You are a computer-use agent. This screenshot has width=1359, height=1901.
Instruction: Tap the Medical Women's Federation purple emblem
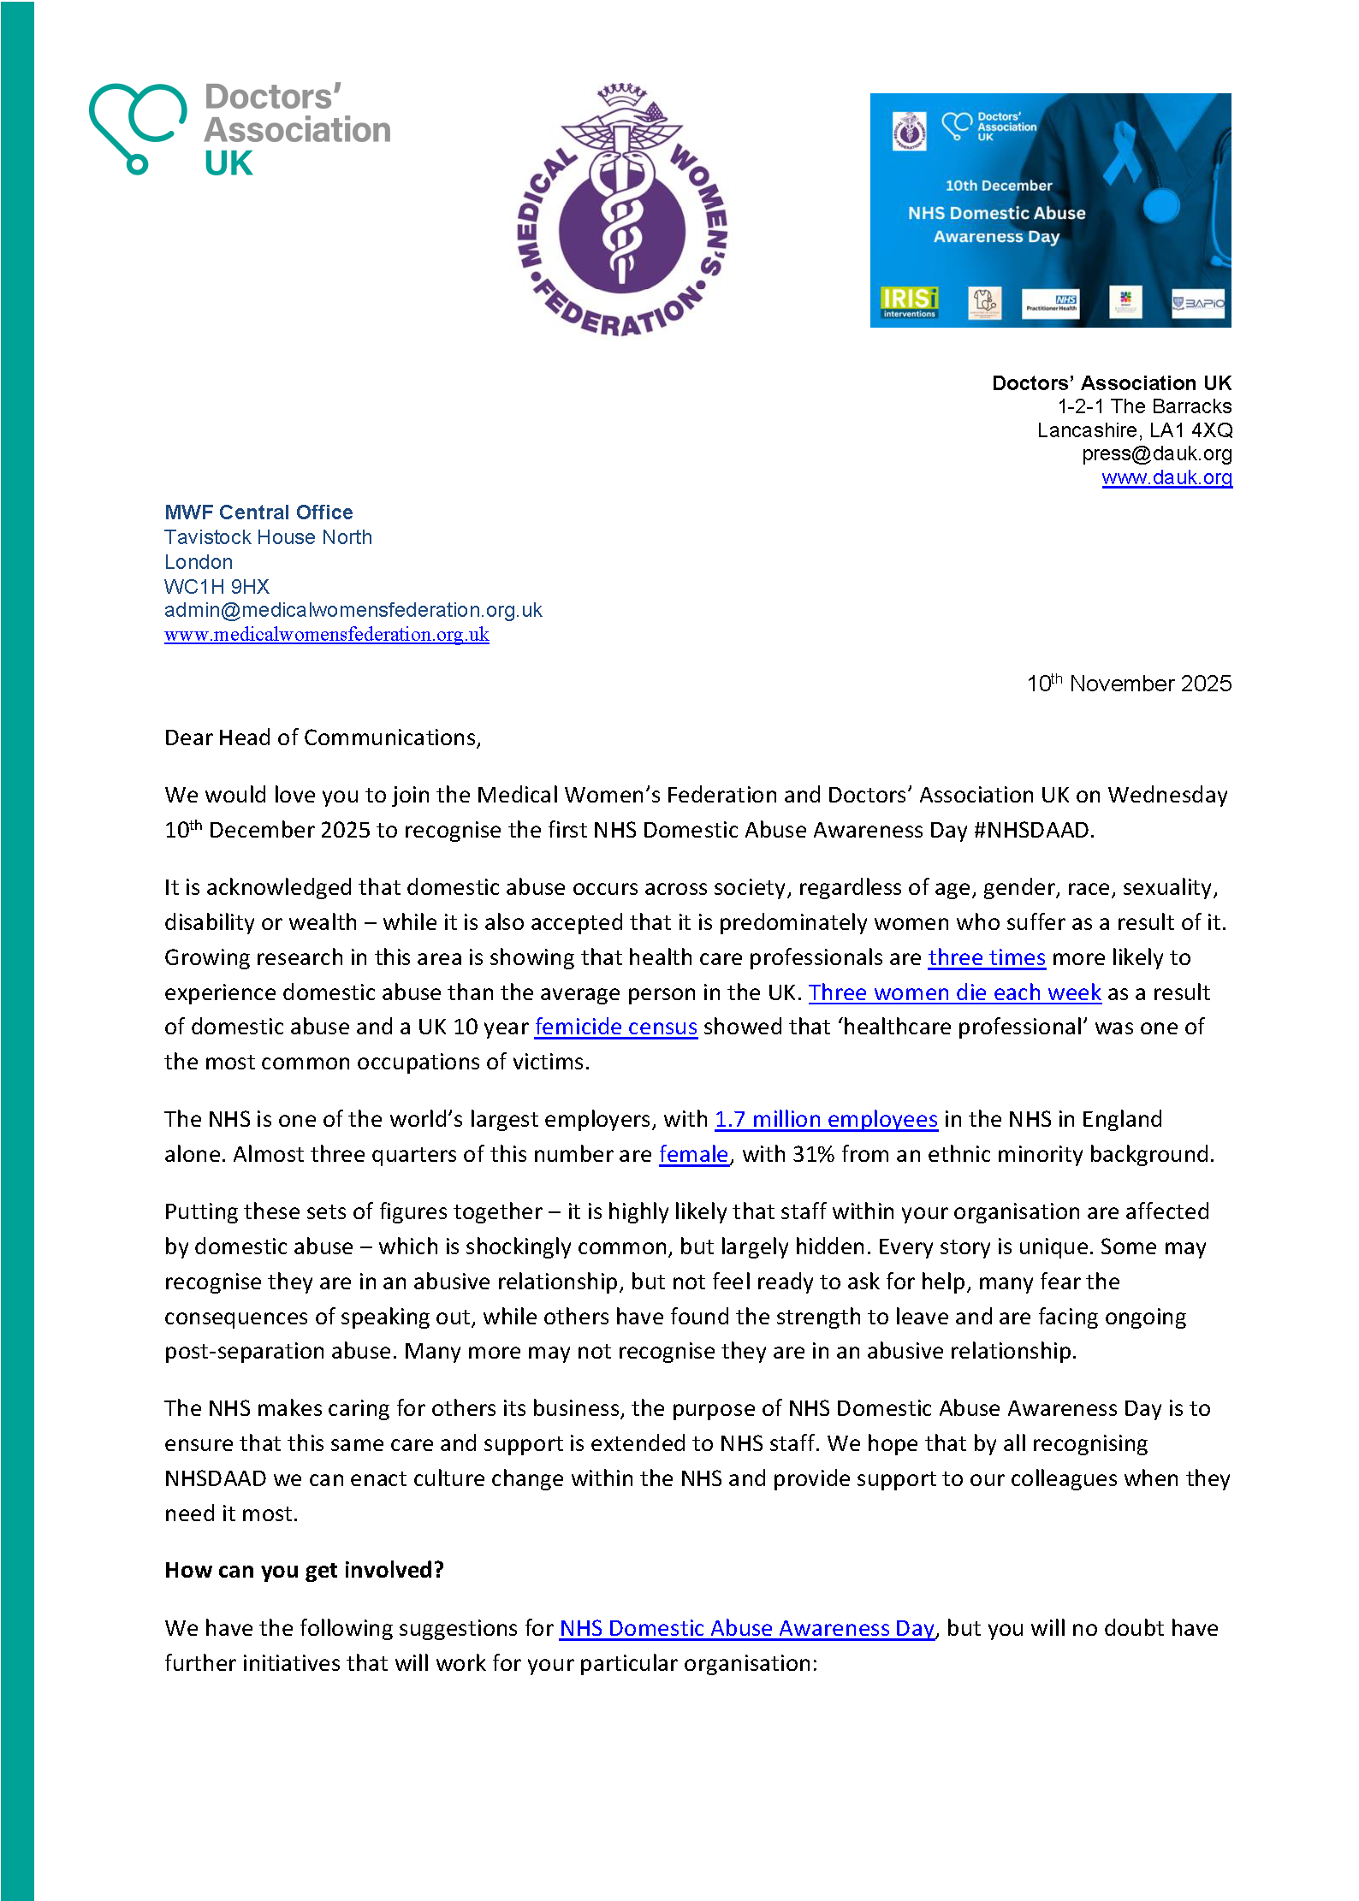(x=622, y=210)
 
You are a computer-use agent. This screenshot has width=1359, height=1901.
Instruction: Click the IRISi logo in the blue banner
(x=909, y=302)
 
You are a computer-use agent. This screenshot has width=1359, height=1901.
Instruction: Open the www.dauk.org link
(x=1166, y=477)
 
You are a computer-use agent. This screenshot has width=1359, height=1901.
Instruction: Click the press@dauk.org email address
(x=1156, y=453)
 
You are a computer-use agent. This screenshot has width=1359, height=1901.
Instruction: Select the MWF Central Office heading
(x=258, y=512)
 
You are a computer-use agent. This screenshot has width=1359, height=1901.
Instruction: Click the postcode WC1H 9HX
(x=217, y=587)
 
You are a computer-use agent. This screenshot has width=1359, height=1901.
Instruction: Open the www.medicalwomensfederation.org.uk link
(x=326, y=635)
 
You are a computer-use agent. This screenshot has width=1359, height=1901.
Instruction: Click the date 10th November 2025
(x=1129, y=684)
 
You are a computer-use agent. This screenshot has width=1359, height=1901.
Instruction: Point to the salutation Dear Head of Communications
(x=323, y=737)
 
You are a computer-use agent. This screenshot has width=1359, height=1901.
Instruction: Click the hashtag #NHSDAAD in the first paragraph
(x=1033, y=830)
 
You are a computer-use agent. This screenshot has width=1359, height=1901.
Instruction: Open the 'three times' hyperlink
(x=986, y=957)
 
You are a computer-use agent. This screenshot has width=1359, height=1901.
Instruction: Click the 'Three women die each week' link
(x=954, y=992)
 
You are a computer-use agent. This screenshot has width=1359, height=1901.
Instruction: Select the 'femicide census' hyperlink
(x=615, y=1027)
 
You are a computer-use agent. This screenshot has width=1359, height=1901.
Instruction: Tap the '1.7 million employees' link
(x=826, y=1119)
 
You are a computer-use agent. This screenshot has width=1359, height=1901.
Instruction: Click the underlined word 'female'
(x=693, y=1154)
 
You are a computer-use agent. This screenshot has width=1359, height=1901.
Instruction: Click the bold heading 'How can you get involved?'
(x=304, y=1570)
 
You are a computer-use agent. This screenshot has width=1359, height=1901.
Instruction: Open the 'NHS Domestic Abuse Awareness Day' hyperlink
(x=746, y=1628)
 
